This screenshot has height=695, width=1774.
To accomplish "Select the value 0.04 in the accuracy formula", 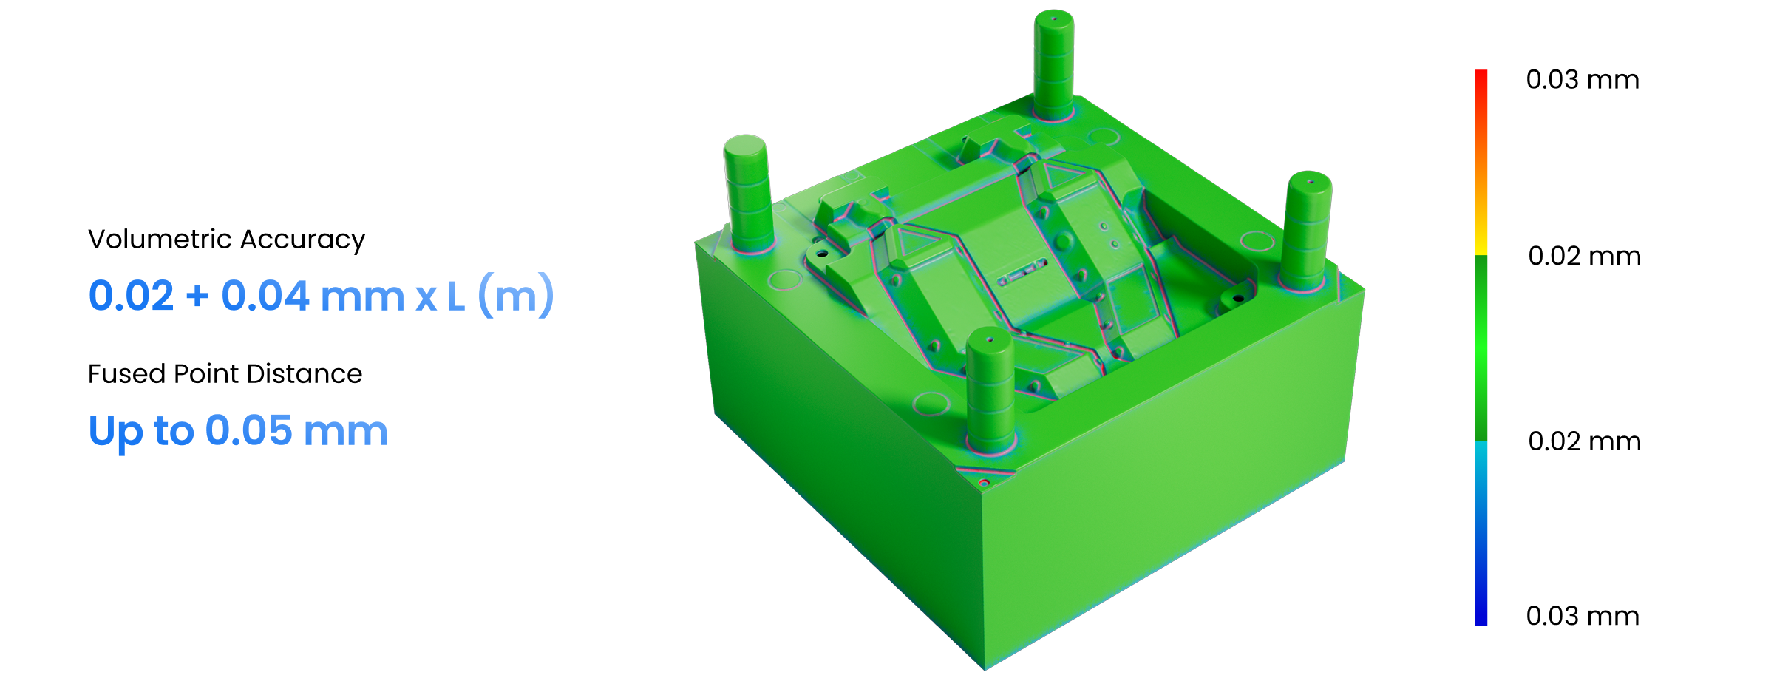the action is tap(265, 296).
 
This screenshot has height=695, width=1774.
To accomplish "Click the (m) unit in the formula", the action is tap(516, 296).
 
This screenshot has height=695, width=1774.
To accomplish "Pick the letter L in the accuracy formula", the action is tap(456, 296).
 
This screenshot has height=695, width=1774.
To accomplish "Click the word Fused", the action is tap(126, 374).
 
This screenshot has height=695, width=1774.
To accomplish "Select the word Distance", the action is tap(305, 374).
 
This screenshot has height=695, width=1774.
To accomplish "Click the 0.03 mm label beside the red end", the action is tap(1583, 79).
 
